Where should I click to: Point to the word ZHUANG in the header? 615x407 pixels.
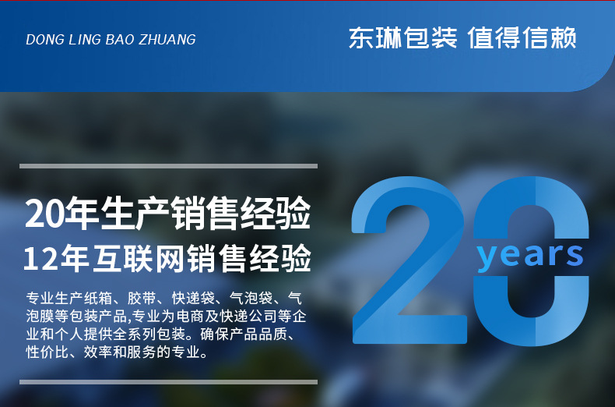click(x=167, y=40)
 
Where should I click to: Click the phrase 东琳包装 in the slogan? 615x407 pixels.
click(x=403, y=37)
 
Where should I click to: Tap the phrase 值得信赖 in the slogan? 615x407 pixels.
click(x=522, y=37)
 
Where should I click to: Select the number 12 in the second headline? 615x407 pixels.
click(x=40, y=259)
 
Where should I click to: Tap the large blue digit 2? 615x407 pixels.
click(x=409, y=260)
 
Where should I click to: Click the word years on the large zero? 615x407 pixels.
click(x=530, y=256)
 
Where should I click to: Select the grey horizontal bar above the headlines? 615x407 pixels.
click(x=169, y=166)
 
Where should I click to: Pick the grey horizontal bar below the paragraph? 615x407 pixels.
click(x=169, y=382)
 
